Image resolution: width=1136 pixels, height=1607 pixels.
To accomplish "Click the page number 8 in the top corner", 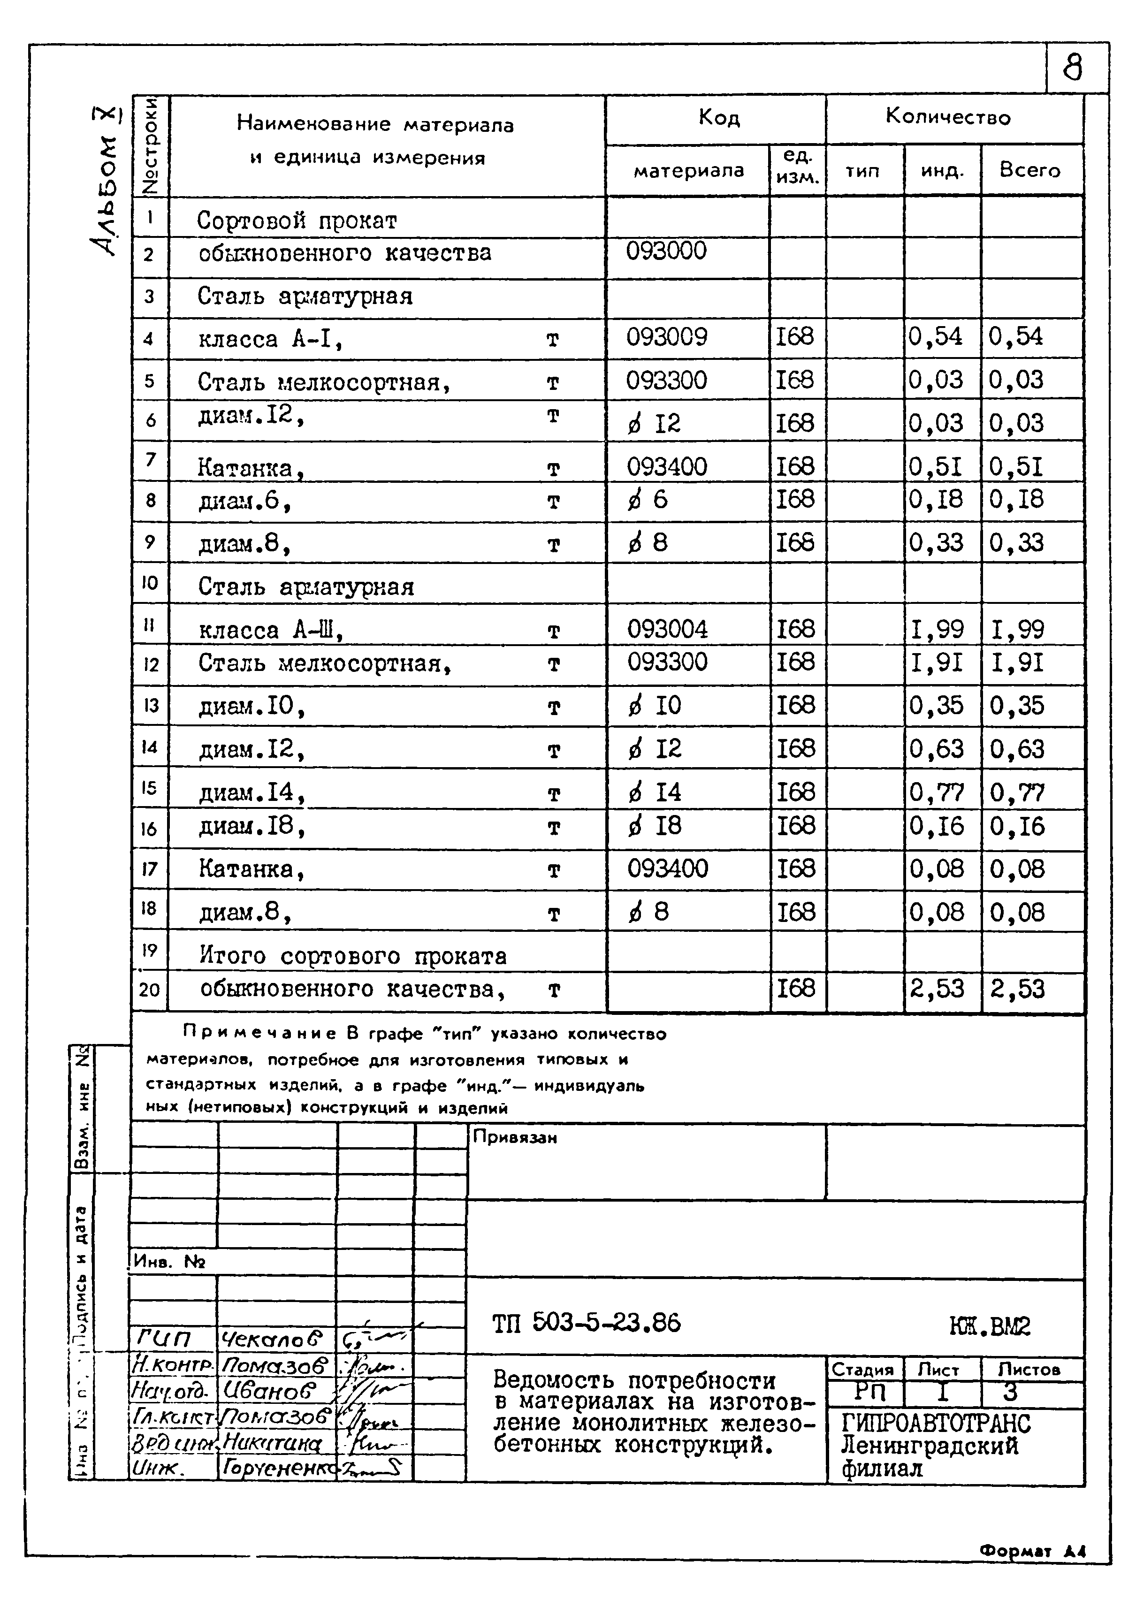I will [1072, 68].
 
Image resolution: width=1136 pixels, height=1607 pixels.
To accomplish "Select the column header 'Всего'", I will [1029, 170].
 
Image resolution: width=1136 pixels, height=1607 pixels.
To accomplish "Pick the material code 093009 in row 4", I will [666, 337].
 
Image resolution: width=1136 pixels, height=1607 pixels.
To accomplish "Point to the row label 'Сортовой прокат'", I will [297, 221].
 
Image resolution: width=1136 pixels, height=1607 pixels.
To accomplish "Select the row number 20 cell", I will [149, 990].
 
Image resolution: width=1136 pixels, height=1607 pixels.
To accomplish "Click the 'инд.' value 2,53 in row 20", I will [937, 988].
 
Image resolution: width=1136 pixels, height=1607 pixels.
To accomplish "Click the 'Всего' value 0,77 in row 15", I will [1017, 792].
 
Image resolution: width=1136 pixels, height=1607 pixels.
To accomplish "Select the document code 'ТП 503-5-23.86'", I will [586, 1323].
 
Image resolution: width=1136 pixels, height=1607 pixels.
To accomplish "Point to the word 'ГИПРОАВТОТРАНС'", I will [935, 1423].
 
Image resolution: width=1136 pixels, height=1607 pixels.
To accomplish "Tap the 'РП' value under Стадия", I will [870, 1392].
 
